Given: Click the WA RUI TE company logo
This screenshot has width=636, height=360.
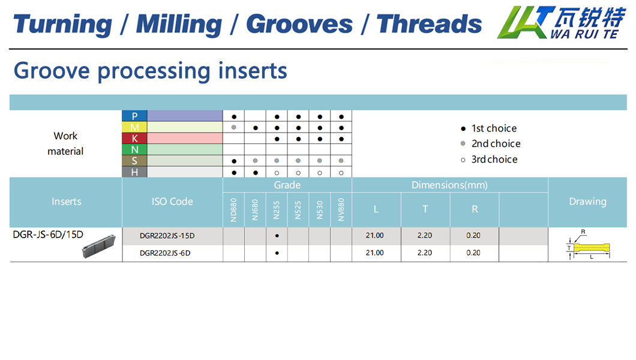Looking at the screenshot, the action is coord(562,22).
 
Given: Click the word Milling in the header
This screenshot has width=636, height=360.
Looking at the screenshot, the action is coord(179,25).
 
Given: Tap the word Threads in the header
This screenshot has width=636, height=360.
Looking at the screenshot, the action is coord(429,24).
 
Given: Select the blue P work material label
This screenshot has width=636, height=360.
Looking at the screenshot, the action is coord(134,116).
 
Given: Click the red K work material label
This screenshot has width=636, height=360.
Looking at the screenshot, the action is coord(134,138).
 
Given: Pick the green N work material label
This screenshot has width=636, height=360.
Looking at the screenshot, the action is coord(134,149).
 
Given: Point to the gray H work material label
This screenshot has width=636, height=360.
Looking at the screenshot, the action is coord(134,172).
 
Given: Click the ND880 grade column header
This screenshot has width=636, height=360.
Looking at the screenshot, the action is coord(233,209).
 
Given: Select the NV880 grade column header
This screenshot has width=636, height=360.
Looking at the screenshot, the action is coord(341,209).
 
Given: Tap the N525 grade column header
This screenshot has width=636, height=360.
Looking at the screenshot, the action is coord(298,210).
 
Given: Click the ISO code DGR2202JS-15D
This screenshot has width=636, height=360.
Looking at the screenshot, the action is coord(167,236).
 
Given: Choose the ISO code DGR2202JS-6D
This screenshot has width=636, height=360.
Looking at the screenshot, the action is coord(165,253).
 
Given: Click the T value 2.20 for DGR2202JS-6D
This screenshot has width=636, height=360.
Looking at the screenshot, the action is coord(425,253).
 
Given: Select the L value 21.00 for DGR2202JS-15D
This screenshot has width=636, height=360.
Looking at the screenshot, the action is coord(375,236).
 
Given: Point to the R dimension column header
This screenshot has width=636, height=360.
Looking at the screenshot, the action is coord(475,209).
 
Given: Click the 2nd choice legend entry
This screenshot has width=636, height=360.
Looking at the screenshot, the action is coord(491,143).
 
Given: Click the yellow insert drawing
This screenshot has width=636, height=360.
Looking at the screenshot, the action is coord(592,247).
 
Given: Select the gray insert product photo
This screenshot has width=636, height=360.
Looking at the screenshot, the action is coord(99,247).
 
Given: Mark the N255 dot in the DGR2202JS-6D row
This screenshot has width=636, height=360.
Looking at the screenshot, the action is coord(277,253).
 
